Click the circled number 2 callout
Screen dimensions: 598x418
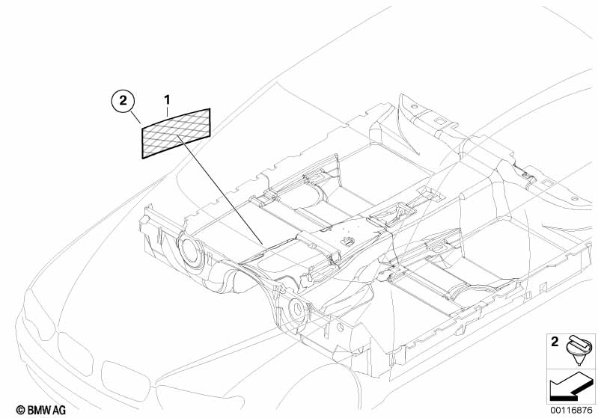pos(123,101)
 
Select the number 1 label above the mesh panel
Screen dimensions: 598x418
pos(167,100)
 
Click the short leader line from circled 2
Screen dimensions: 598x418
pos(135,117)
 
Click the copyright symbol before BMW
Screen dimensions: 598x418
pos(21,410)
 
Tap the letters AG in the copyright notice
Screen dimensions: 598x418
pos(58,410)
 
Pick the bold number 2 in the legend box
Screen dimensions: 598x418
pos(555,342)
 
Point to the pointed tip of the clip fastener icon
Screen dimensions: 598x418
pos(580,364)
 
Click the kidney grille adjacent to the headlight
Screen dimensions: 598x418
pos(75,353)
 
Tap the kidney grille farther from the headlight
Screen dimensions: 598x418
pos(126,381)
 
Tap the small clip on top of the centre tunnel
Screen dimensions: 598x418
pos(347,241)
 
